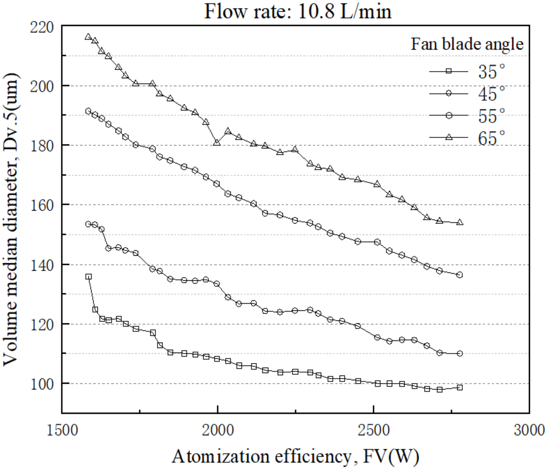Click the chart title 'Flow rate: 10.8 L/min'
point(297,12)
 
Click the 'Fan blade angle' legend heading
point(467,44)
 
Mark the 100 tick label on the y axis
point(42,384)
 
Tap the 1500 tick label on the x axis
point(62,431)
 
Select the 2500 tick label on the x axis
point(374,431)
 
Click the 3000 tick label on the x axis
point(529,431)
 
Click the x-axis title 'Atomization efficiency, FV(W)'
point(295,457)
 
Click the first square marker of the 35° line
point(88,277)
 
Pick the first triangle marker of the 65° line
point(88,37)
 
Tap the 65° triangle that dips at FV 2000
point(217,143)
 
